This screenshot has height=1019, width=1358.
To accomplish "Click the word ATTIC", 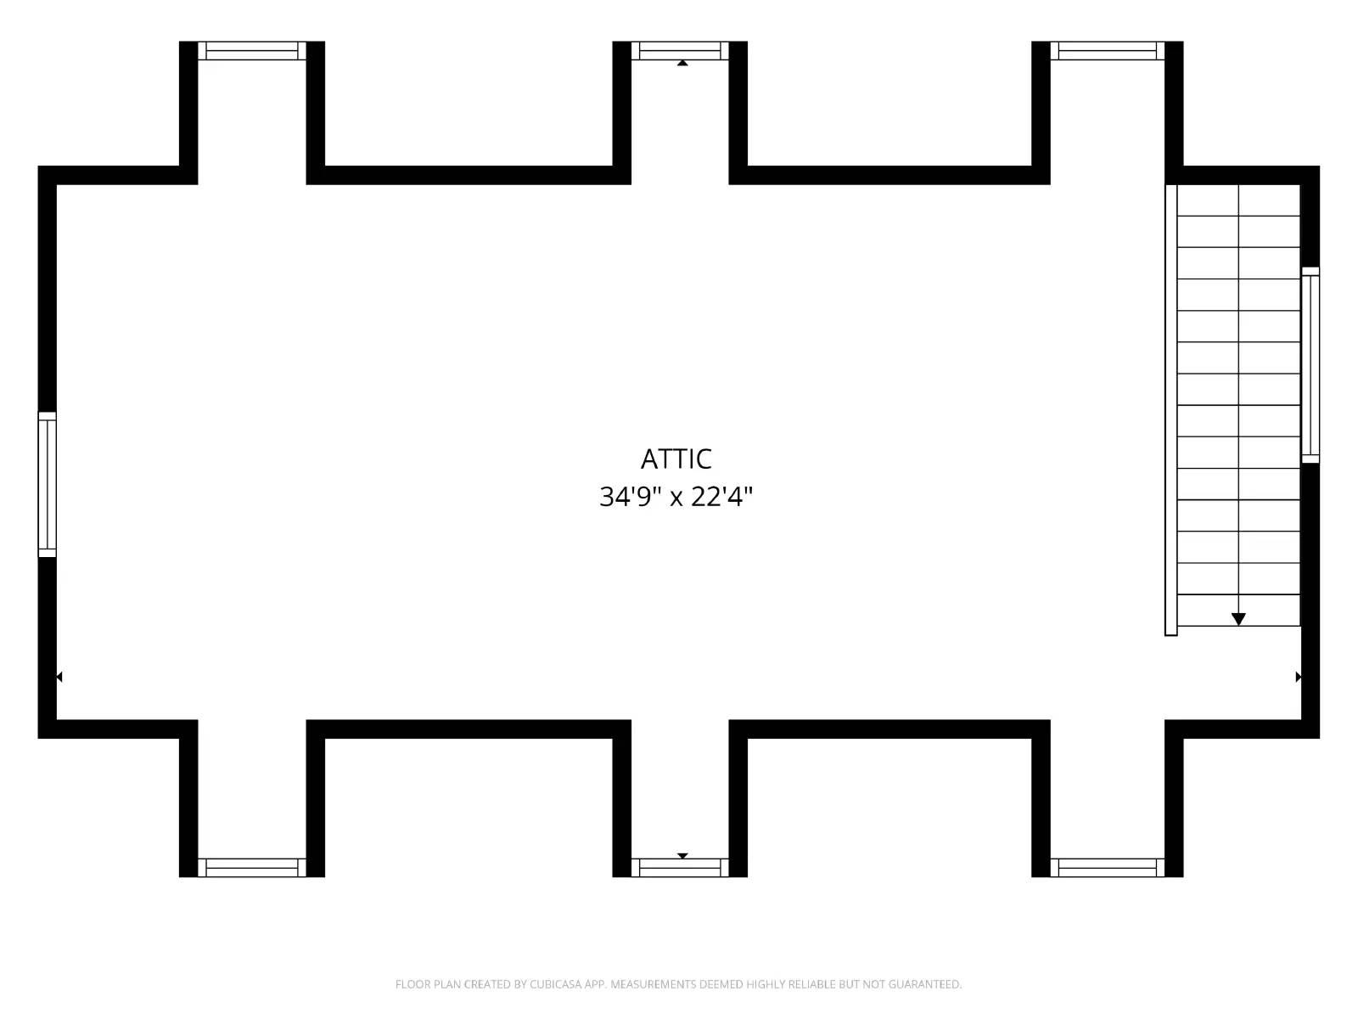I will (676, 459).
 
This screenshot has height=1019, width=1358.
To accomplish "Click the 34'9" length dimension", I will (629, 497).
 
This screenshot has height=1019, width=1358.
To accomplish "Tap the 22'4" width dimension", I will (721, 497).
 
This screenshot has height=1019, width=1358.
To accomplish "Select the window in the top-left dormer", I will (252, 51).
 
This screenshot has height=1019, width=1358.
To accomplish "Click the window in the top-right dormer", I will (1108, 51).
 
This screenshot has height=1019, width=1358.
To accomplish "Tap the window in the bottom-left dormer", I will (252, 867).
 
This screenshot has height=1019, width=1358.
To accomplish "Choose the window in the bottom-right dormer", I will (1108, 867).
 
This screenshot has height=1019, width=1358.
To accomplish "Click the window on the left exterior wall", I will (48, 484).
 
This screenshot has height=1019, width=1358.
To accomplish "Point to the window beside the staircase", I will (1310, 365).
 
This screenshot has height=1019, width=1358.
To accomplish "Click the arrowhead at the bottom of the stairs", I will (1238, 619).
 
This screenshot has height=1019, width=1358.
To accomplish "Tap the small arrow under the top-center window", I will (682, 63).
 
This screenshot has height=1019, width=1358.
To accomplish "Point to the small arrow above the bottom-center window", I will (682, 855).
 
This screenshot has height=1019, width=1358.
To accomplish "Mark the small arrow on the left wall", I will (59, 677).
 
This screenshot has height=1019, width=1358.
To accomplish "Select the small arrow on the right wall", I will (1298, 677).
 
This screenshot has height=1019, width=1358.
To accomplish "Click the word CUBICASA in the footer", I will (556, 985).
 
